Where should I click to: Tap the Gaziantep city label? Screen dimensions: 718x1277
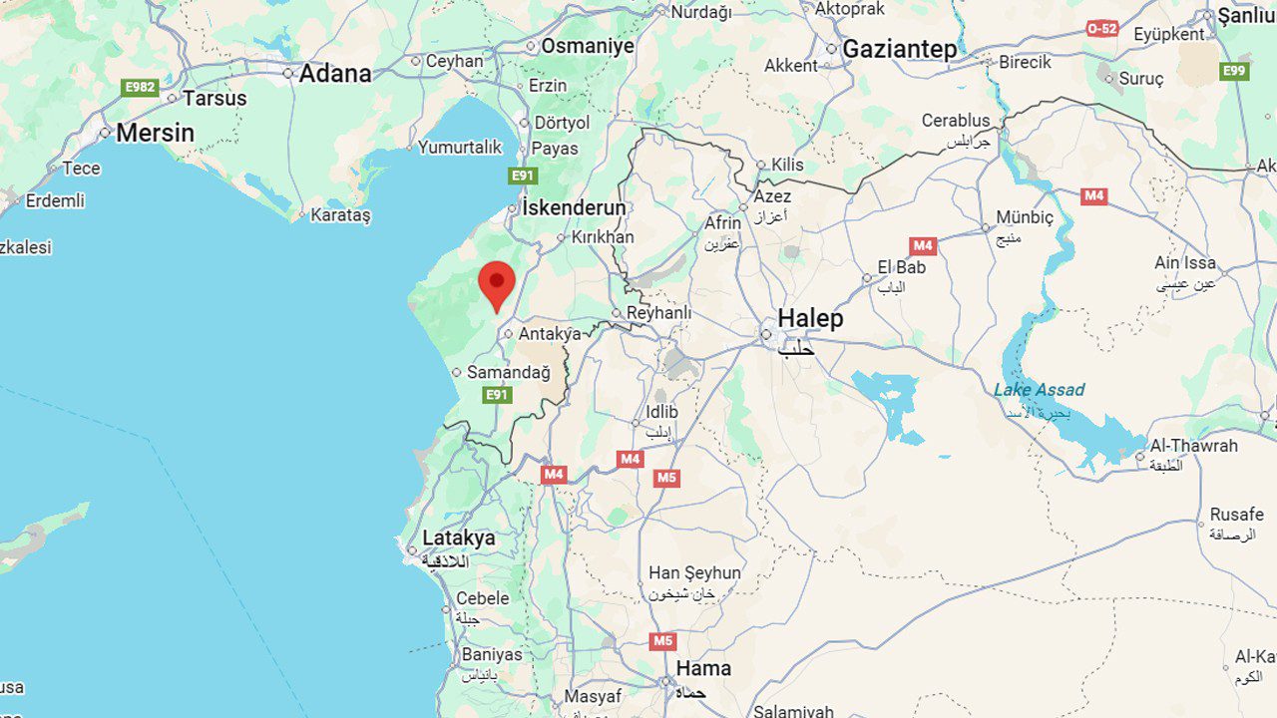(899, 48)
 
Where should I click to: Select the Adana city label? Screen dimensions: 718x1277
(334, 73)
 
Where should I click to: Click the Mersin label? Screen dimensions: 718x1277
(155, 133)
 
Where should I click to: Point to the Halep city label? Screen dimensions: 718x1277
(810, 319)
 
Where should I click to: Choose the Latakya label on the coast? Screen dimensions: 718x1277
(458, 538)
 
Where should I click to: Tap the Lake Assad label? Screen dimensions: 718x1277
(1039, 390)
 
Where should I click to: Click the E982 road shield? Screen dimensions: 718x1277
(141, 88)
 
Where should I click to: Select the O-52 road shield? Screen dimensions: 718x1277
(1102, 29)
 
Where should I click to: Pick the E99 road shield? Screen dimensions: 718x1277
(1234, 71)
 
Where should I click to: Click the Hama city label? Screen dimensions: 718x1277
(703, 668)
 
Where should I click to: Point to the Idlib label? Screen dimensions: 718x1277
(661, 412)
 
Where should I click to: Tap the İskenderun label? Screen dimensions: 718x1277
(574, 208)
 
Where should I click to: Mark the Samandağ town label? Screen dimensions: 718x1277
(508, 372)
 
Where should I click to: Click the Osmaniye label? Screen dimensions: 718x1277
(588, 46)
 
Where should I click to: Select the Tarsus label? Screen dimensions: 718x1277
(213, 98)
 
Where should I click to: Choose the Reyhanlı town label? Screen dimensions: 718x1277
(658, 313)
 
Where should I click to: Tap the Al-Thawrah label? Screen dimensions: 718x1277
(1193, 446)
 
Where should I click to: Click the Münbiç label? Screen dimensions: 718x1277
(1025, 217)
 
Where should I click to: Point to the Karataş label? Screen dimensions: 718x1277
(340, 214)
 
